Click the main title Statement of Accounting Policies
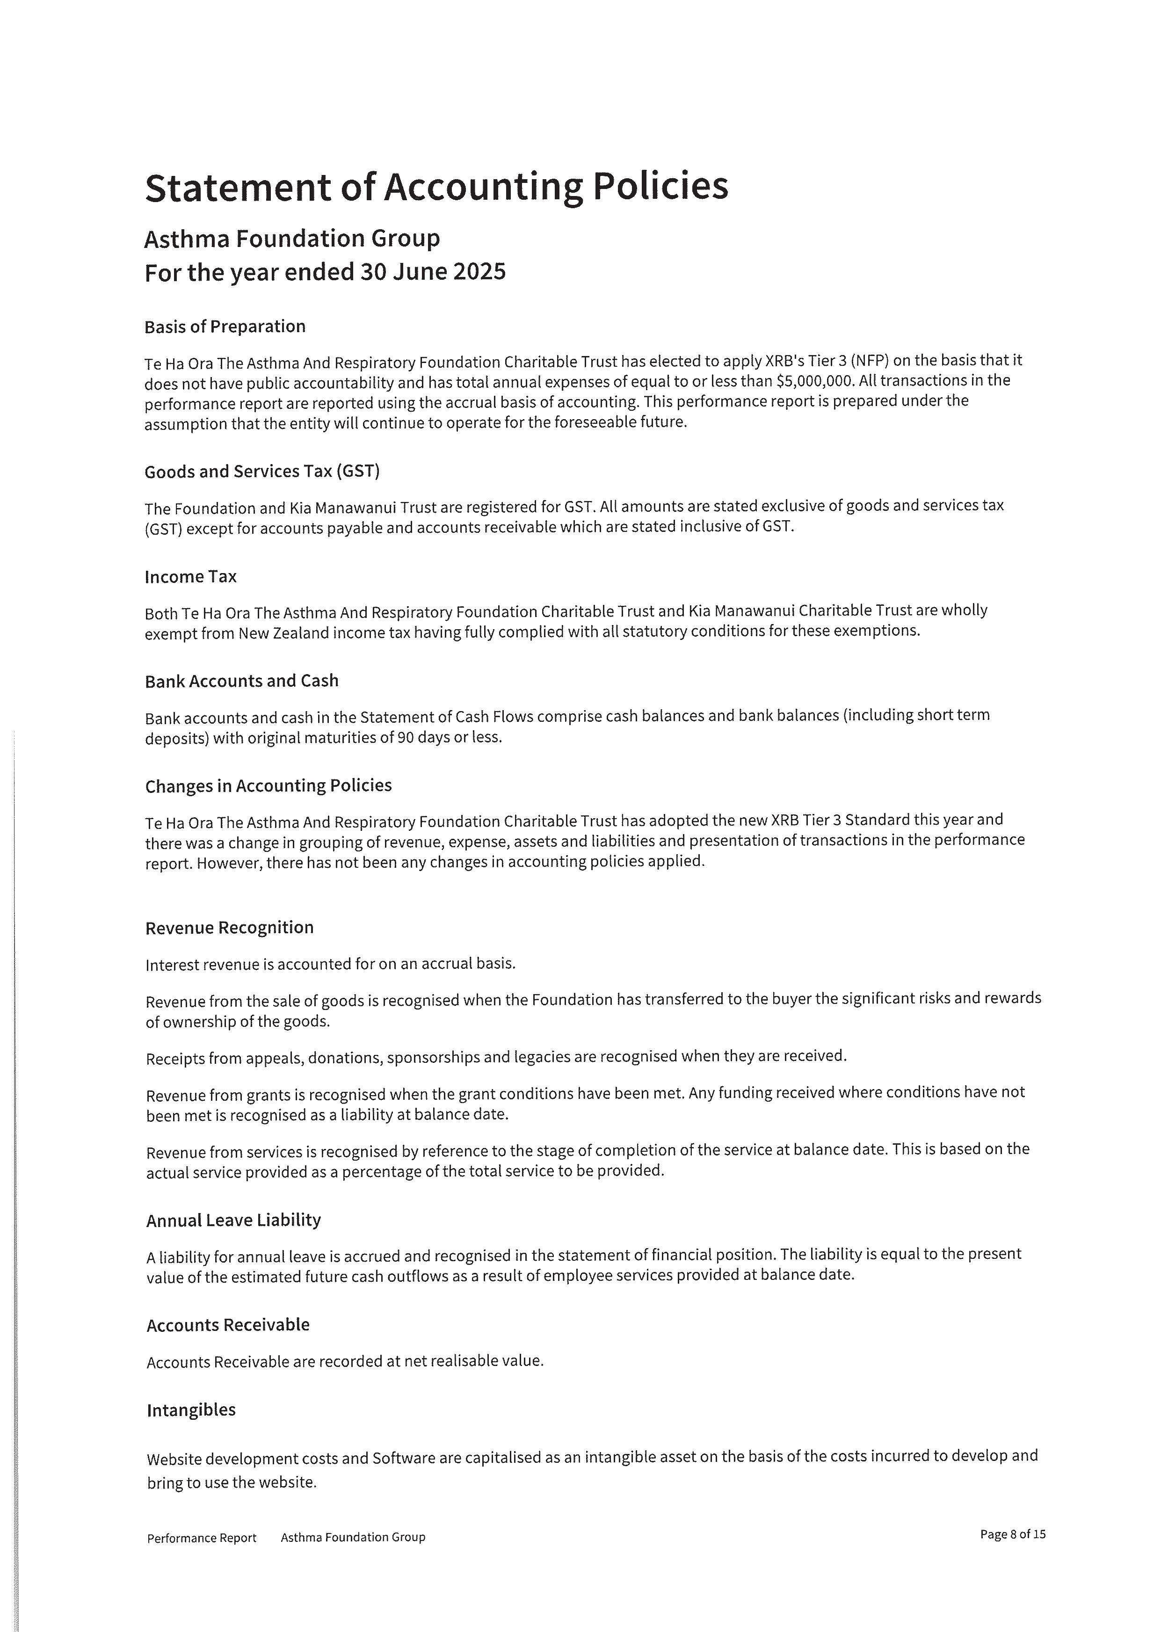coord(436,188)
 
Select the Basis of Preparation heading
coord(225,327)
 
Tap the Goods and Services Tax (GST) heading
coord(261,472)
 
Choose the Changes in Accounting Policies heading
coord(268,786)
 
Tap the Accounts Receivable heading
coord(228,1325)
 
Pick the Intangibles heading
coord(191,1410)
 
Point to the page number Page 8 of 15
coord(1012,1535)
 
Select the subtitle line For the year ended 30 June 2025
coord(325,272)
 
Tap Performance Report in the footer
coord(202,1538)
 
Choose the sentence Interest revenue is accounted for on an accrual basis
coord(330,965)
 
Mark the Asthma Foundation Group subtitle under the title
coord(292,239)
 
